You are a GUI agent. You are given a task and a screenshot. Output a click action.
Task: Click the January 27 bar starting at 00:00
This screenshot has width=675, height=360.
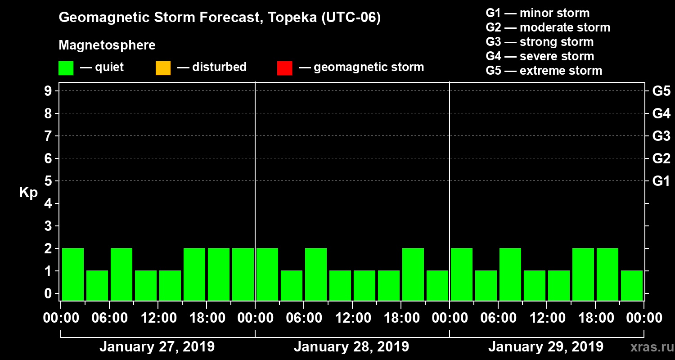point(73,274)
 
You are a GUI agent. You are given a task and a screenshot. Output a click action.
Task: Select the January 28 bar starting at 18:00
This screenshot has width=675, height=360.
point(413,274)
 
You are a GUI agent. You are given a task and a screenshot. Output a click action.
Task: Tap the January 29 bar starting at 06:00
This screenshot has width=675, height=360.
point(510,274)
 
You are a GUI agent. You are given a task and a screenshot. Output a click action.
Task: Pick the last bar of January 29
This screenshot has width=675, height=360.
point(632,285)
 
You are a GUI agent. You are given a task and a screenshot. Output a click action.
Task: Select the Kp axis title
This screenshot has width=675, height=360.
point(28,193)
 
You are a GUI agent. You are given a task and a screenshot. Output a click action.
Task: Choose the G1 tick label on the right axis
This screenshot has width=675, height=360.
point(661,181)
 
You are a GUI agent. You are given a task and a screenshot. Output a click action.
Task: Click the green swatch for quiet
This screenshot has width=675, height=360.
point(66,68)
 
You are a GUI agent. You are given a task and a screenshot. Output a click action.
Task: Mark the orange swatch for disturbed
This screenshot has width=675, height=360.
point(163,68)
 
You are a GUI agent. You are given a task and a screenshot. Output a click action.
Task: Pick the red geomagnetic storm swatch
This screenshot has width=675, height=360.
point(284,68)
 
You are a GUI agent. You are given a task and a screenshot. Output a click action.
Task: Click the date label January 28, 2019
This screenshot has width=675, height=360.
point(351,347)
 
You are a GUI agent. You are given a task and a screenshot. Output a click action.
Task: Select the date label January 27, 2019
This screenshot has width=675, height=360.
point(157,347)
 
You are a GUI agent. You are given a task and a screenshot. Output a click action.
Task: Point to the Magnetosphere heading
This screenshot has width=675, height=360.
point(107,45)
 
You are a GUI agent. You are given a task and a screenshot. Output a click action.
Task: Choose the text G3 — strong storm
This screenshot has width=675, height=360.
point(540,42)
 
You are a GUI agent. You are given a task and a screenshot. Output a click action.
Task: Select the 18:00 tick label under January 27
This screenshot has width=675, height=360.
point(207,318)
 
